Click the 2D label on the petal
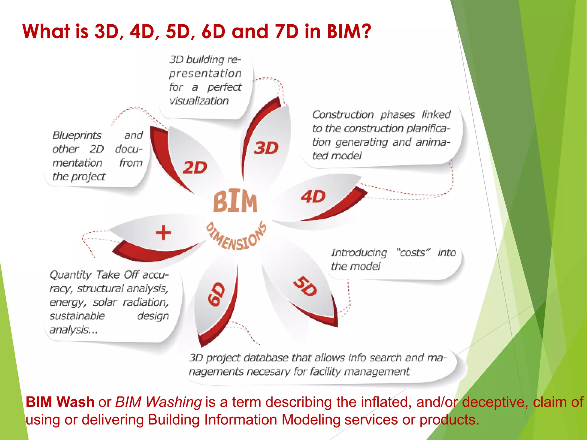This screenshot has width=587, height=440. point(195,168)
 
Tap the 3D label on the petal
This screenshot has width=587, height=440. point(266,148)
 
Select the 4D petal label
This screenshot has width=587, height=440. point(313,197)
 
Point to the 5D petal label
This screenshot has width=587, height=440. point(306,286)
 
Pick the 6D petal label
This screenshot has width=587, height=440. point(217,294)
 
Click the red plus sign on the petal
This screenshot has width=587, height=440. point(163,232)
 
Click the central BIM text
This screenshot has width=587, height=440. point(235,201)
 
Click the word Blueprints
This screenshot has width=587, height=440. point(77,135)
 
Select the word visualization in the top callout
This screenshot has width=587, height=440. point(199,101)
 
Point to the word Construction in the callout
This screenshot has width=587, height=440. point(343,115)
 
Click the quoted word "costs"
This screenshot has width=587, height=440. point(413,253)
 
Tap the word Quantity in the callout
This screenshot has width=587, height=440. point(71,275)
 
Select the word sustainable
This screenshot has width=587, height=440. point(77,316)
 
